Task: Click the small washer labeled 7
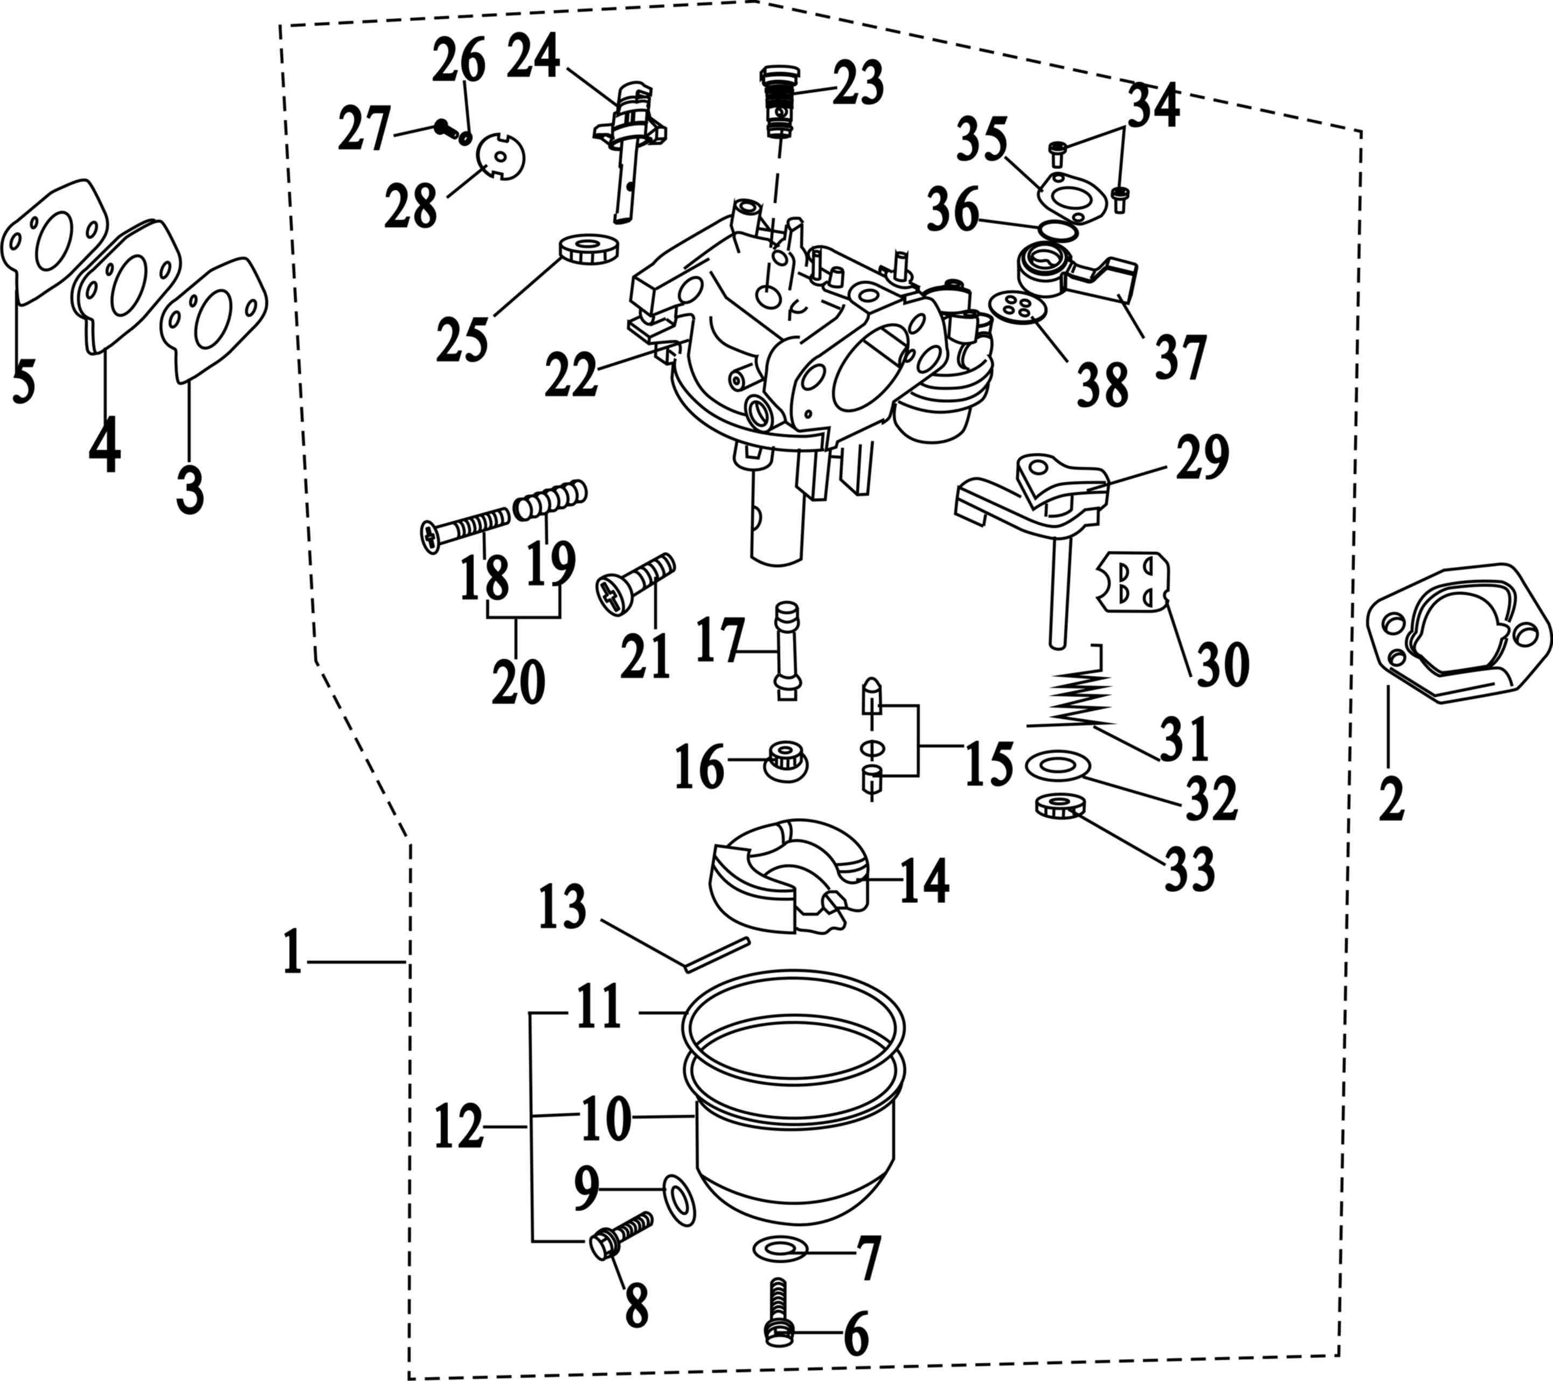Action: point(780,1248)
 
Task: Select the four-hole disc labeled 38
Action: point(1018,308)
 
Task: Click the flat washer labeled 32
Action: point(1058,765)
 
